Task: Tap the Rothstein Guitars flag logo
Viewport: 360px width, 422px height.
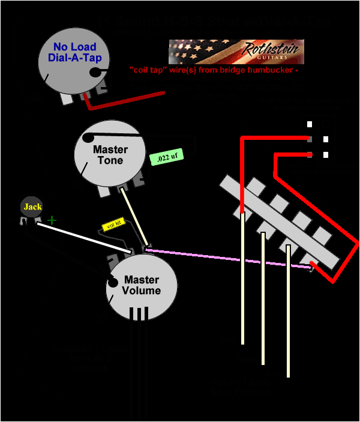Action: click(236, 52)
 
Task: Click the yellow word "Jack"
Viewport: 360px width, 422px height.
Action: click(32, 207)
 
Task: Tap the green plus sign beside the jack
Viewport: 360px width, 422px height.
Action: click(52, 220)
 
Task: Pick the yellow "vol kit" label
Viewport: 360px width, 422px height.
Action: click(112, 225)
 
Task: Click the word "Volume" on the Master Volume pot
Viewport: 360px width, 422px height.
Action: click(141, 291)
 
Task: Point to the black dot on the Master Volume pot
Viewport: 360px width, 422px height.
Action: click(112, 283)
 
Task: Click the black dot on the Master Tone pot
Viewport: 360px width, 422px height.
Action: click(88, 137)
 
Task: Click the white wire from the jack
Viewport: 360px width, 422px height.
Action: click(84, 237)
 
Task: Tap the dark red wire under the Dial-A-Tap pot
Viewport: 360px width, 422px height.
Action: click(126, 101)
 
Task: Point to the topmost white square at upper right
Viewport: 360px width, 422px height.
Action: click(310, 124)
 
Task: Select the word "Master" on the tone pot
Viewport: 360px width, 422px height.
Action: click(110, 149)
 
